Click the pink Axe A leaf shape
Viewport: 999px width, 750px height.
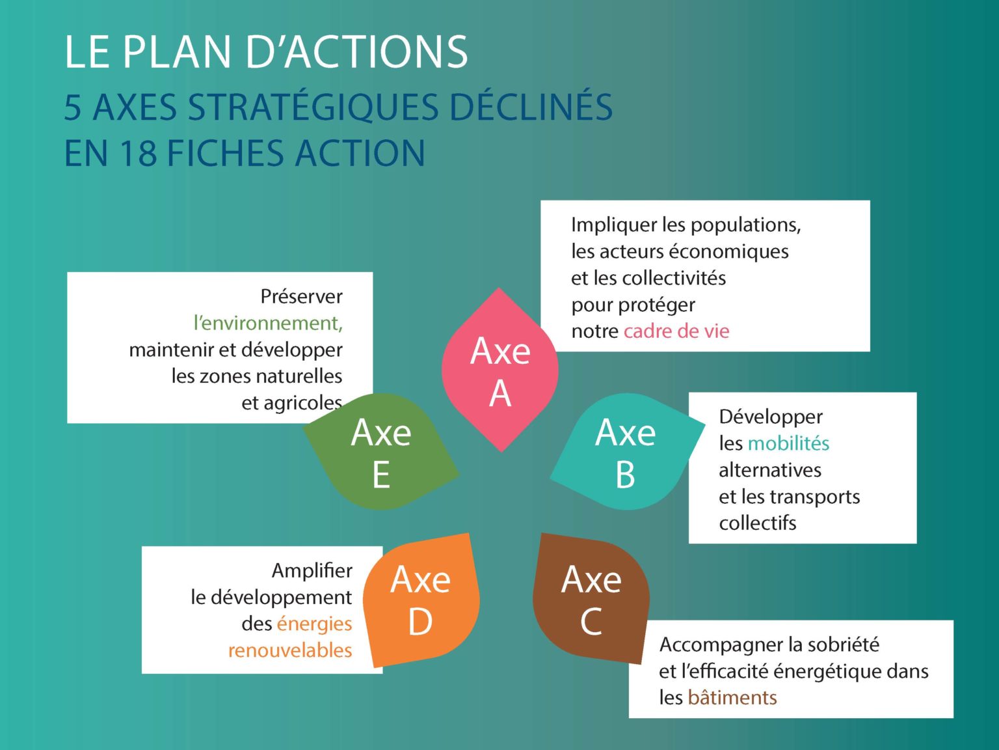(499, 370)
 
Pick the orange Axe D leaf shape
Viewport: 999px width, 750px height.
(421, 600)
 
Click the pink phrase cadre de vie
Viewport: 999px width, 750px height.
(676, 331)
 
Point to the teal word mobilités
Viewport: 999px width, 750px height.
(788, 443)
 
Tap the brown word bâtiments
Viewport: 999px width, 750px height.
(732, 697)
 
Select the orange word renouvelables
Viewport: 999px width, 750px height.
(290, 650)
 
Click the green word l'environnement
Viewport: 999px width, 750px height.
(267, 324)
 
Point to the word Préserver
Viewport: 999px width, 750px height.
(301, 296)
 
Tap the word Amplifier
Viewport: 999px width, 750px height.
(312, 570)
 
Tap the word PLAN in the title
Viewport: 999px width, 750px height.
(177, 52)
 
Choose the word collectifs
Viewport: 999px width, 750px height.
(758, 523)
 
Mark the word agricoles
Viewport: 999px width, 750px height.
(292, 404)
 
